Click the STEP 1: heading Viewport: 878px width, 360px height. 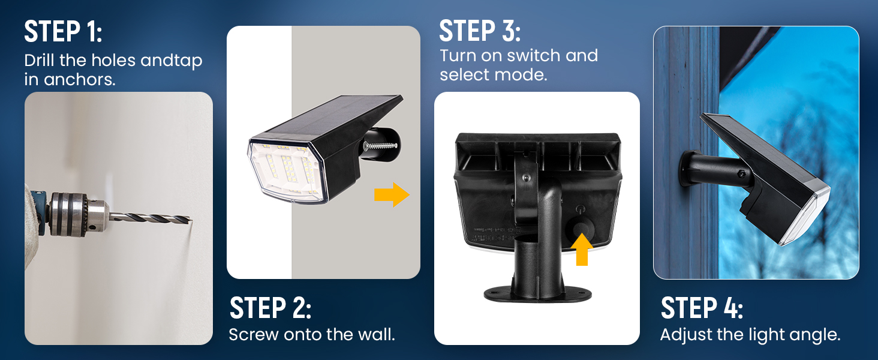coord(63,32)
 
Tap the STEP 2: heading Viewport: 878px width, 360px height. coord(270,308)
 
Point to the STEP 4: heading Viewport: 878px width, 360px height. coord(702,308)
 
